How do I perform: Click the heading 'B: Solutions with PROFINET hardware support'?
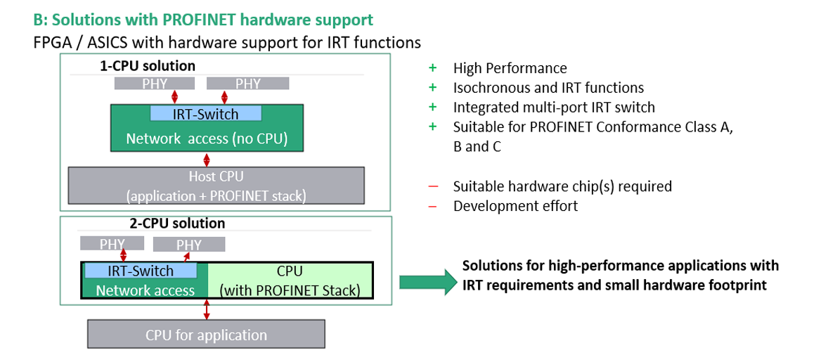pyautogui.click(x=203, y=20)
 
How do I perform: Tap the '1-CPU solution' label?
pyautogui.click(x=148, y=66)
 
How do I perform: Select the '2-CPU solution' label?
pyautogui.click(x=177, y=224)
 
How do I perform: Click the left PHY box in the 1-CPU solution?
pyautogui.click(x=155, y=84)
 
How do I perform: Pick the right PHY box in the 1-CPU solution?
pyautogui.click(x=247, y=84)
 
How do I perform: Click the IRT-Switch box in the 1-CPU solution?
pyautogui.click(x=206, y=113)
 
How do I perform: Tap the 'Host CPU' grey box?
pyautogui.click(x=216, y=186)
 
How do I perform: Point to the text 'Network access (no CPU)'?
pyautogui.click(x=207, y=139)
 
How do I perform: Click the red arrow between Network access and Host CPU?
pyautogui.click(x=207, y=159)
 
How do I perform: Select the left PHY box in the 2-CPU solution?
pyautogui.click(x=112, y=243)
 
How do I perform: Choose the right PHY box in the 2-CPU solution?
pyautogui.click(x=189, y=244)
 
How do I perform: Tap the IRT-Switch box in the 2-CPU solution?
pyautogui.click(x=141, y=270)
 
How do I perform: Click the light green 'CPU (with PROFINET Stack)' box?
pyautogui.click(x=290, y=281)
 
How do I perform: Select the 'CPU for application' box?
pyautogui.click(x=207, y=335)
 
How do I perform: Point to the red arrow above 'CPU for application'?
pyautogui.click(x=207, y=309)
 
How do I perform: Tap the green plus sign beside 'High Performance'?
pyautogui.click(x=433, y=68)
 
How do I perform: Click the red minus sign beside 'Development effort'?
pyautogui.click(x=433, y=206)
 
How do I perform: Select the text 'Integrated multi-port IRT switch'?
pyautogui.click(x=554, y=107)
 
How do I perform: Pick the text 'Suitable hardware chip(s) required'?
pyautogui.click(x=562, y=186)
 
